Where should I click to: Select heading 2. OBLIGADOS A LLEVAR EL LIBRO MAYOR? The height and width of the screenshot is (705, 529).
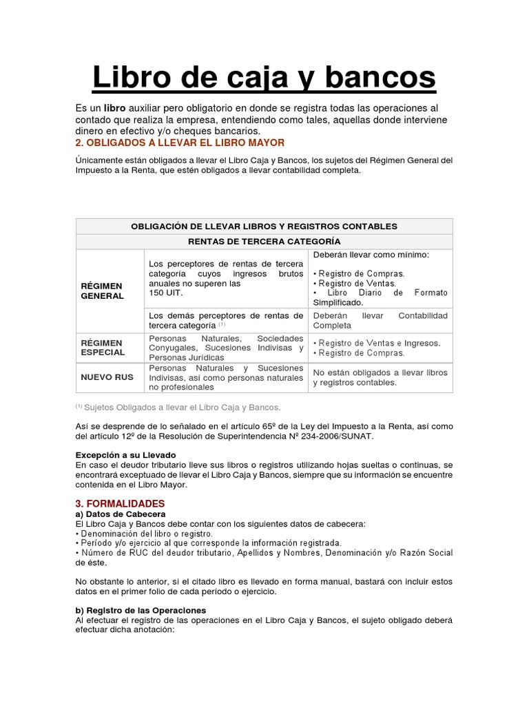click(179, 143)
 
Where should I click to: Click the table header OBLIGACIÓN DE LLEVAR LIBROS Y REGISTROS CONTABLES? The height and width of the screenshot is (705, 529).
click(264, 226)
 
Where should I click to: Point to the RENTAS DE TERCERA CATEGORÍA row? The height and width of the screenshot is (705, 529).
click(264, 241)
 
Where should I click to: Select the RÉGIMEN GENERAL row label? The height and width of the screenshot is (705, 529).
click(102, 291)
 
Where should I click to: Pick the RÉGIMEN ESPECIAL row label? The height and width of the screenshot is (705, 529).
click(103, 348)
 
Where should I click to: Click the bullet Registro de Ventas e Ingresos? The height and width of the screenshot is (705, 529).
click(376, 343)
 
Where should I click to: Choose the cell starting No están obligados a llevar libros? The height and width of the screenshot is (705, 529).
click(380, 377)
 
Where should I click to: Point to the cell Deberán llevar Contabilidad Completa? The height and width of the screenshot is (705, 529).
click(380, 320)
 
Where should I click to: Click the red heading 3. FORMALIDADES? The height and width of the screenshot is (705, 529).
click(120, 504)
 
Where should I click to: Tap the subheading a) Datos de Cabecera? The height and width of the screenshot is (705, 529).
click(121, 514)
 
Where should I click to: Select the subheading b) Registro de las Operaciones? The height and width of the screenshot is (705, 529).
click(140, 610)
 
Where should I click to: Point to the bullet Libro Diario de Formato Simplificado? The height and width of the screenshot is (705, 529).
click(380, 297)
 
